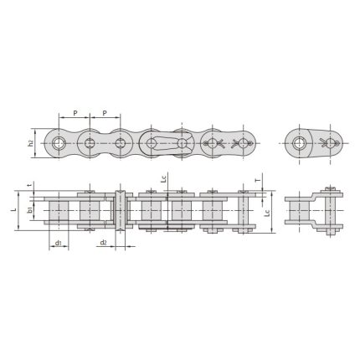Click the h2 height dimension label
click(x=31, y=142)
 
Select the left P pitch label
click(x=75, y=112)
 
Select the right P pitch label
click(x=105, y=112)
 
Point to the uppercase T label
click(x=256, y=180)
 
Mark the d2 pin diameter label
click(x=102, y=243)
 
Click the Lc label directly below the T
click(x=266, y=213)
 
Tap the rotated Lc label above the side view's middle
click(x=164, y=179)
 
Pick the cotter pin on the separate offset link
click(x=332, y=141)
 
